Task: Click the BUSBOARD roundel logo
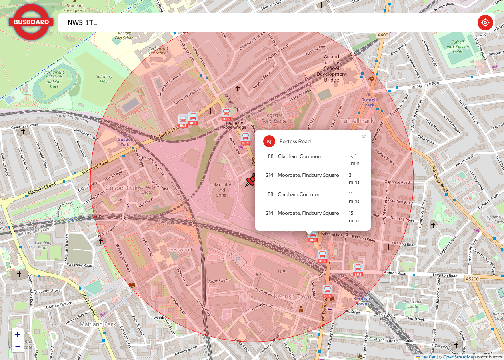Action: pyautogui.click(x=31, y=22)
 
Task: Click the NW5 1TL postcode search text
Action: pyautogui.click(x=82, y=23)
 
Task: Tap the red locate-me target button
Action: pyautogui.click(x=485, y=22)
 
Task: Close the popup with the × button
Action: pyautogui.click(x=364, y=137)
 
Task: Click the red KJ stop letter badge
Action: pyautogui.click(x=269, y=141)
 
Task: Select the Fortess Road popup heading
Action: pyautogui.click(x=295, y=141)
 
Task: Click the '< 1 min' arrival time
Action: pyautogui.click(x=355, y=160)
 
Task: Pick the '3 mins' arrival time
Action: pyautogui.click(x=354, y=178)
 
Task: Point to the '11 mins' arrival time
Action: pyautogui.click(x=354, y=198)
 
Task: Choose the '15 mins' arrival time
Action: pyautogui.click(x=354, y=216)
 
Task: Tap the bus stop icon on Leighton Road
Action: pyautogui.click(x=358, y=270)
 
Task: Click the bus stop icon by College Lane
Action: pyautogui.click(x=226, y=114)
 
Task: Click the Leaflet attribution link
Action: pyautogui.click(x=428, y=357)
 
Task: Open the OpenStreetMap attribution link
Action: pyautogui.click(x=459, y=357)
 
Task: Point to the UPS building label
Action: pyautogui.click(x=282, y=272)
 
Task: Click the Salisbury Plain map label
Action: pyautogui.click(x=104, y=79)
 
